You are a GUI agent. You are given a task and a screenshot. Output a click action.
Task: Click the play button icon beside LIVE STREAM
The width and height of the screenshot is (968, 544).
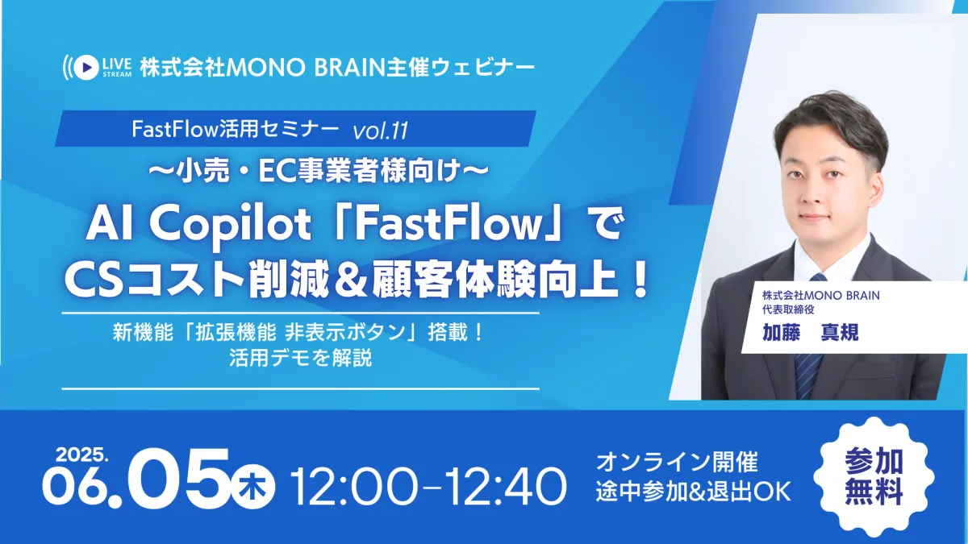pos(86,67)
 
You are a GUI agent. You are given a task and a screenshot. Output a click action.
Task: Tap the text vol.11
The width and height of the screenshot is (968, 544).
pos(380,131)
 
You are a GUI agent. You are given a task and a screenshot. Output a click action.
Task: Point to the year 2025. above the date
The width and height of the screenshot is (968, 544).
pos(81,455)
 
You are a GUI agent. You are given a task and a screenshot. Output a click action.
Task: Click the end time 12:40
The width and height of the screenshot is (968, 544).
pos(505,487)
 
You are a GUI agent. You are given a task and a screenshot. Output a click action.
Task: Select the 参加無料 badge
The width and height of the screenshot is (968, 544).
pos(874,477)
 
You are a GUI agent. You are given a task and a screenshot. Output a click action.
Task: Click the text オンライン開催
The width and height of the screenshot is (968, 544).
pos(677,463)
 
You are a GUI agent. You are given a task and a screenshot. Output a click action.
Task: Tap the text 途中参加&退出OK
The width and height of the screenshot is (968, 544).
pos(693,492)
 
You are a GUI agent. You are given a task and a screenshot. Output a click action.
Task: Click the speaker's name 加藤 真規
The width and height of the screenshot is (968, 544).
pos(810,332)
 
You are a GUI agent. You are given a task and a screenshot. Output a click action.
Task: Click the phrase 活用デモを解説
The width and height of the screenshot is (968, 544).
pos(301,358)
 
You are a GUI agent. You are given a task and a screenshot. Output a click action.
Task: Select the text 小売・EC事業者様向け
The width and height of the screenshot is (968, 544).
pos(318,172)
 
